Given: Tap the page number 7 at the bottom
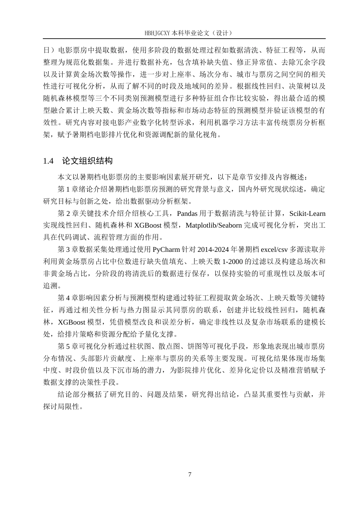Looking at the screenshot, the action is click(189, 475).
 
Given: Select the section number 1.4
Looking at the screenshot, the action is click(49, 161).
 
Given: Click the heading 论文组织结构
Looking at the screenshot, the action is click(87, 161).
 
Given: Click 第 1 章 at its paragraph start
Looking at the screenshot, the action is click(67, 189).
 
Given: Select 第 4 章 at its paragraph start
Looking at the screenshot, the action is click(67, 298).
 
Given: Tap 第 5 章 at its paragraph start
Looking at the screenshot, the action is click(67, 347).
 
